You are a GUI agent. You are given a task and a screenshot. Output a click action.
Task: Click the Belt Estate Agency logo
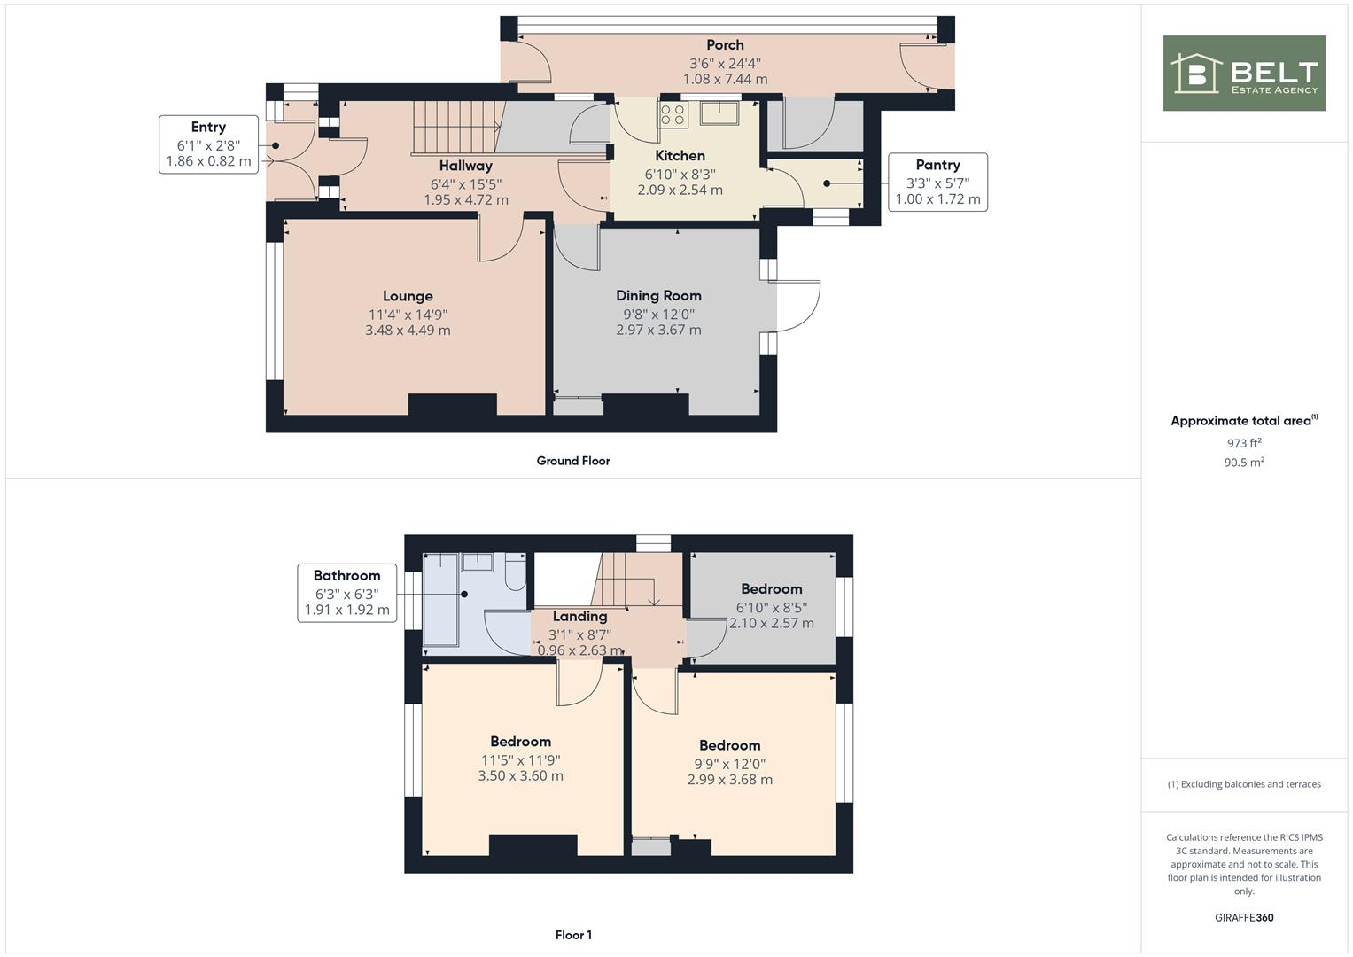(1243, 73)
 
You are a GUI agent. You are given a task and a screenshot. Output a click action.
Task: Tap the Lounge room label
(408, 296)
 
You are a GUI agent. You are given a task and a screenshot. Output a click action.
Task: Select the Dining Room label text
(658, 295)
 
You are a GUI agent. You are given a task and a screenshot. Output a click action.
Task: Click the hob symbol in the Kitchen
(672, 114)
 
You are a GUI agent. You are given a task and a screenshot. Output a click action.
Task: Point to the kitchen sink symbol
(719, 113)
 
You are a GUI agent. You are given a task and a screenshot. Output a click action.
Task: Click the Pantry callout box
(937, 182)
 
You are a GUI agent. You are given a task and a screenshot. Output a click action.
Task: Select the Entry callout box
(208, 144)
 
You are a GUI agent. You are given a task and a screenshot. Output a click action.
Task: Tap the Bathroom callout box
(346, 593)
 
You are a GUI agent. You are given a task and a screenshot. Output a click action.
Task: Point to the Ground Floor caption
(573, 461)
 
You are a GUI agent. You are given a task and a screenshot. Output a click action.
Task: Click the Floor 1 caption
(573, 935)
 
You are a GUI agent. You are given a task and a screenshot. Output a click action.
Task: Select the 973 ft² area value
(1243, 443)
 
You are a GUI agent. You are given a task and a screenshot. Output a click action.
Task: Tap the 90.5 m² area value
(1243, 463)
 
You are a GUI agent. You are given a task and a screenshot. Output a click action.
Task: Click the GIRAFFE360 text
(1243, 917)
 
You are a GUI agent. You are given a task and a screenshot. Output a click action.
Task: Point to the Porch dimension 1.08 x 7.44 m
(725, 79)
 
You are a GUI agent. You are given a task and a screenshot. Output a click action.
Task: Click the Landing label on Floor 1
(579, 616)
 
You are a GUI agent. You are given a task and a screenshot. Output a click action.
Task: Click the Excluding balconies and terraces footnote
(1243, 784)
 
